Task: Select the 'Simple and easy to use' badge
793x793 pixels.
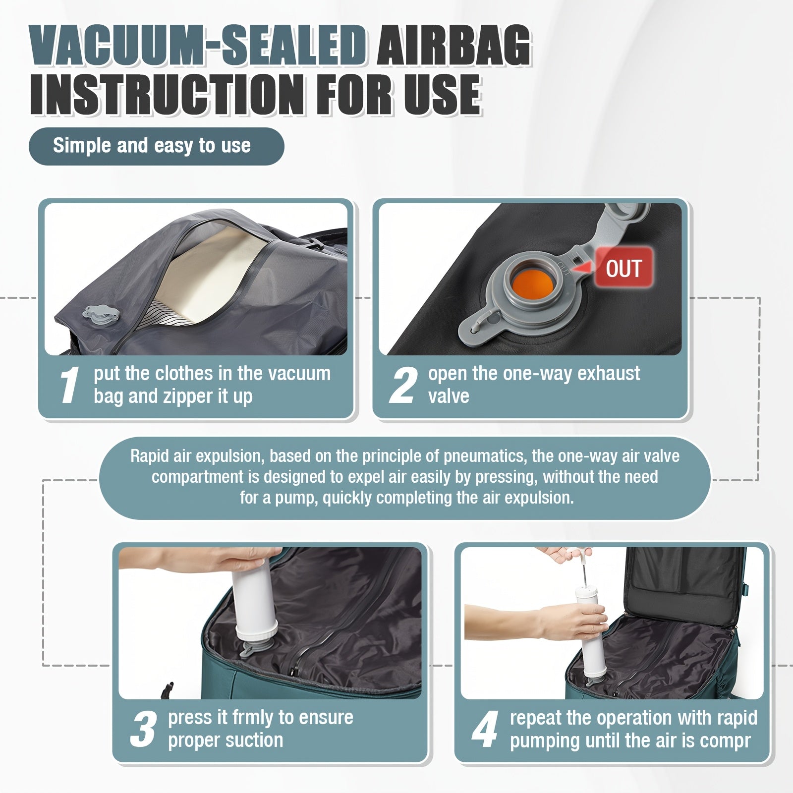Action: [156, 146]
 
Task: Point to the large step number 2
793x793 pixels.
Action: [403, 385]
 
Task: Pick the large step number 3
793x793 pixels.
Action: [144, 729]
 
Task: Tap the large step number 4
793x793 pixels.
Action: [485, 729]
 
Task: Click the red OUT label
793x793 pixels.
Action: [623, 268]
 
